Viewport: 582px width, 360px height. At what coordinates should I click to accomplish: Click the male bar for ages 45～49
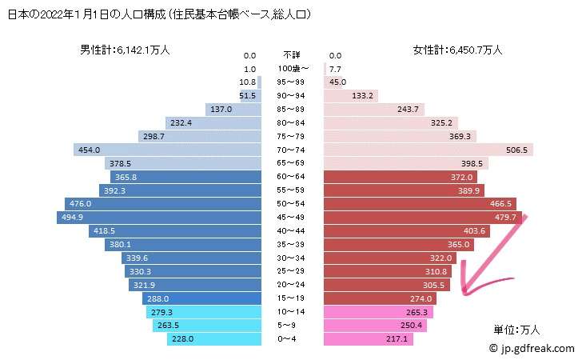[160, 217]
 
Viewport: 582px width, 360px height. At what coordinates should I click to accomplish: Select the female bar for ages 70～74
[428, 150]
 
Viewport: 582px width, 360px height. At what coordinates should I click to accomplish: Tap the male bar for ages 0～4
[216, 339]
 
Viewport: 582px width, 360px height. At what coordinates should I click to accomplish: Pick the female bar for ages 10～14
[378, 312]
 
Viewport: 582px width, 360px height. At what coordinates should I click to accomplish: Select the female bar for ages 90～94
[353, 95]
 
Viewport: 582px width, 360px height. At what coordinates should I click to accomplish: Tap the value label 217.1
[397, 339]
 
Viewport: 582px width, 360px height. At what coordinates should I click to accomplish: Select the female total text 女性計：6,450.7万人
[456, 50]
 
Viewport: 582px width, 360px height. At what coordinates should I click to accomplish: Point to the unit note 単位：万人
[520, 329]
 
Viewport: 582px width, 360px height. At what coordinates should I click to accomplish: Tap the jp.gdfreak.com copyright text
[532, 348]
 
